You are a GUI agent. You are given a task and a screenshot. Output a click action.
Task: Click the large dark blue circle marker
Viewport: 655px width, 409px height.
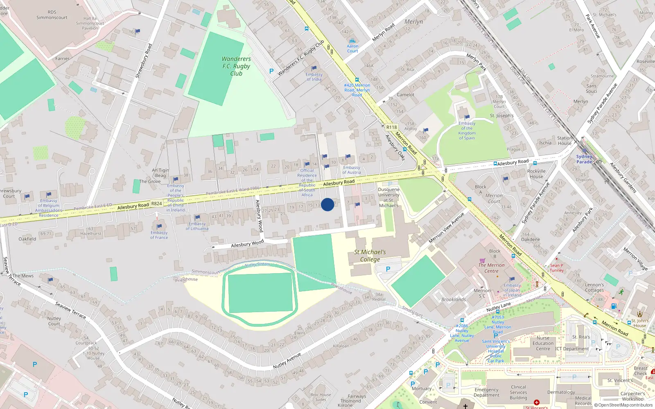pos(327,204)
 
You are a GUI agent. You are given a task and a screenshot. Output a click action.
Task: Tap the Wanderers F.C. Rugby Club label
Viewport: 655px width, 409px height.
pos(236,66)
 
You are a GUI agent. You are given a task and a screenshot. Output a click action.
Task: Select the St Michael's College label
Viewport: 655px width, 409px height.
pos(370,256)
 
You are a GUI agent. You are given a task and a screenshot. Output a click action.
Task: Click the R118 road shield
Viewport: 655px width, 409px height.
pos(391,127)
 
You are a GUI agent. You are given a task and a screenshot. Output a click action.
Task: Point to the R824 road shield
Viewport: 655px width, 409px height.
pos(156,203)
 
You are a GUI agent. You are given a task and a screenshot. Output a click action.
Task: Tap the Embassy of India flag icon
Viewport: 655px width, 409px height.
pos(314,68)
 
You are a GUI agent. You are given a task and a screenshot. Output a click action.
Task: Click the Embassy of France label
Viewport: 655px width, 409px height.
pos(159,235)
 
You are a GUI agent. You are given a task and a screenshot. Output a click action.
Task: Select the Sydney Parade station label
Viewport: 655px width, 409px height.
pos(584,159)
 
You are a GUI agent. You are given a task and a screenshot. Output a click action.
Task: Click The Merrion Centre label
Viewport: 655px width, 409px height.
pos(491,268)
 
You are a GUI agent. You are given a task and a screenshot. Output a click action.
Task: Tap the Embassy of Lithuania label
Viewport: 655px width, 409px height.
pos(197,226)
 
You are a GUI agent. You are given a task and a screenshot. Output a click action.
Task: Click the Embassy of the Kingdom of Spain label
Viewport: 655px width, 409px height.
pos(467,130)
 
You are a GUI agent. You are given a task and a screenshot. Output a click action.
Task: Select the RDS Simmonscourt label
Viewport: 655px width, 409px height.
pos(52,15)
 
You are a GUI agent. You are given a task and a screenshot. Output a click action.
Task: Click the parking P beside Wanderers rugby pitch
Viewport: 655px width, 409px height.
pos(271,71)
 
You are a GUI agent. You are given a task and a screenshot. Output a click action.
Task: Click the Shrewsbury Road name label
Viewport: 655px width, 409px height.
pos(144,61)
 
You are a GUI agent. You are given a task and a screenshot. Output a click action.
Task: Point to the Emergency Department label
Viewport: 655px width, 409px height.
pos(486,393)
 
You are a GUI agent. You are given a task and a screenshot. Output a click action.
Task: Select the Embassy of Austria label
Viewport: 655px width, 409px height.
pos(352,170)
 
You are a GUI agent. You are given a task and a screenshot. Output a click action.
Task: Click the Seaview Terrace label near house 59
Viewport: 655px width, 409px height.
pos(70,310)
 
